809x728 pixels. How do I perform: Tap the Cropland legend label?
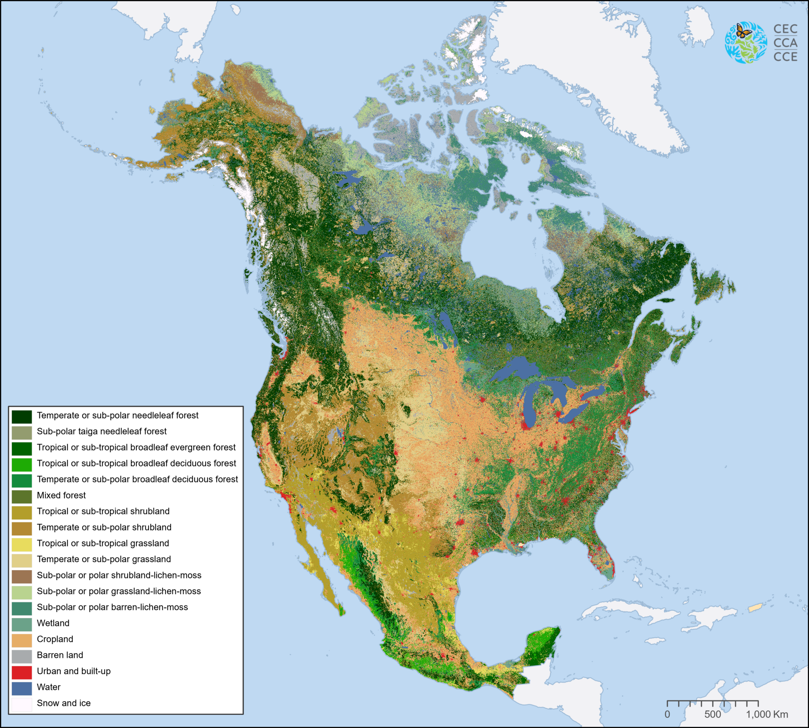tap(55, 639)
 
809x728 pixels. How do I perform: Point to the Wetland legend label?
tap(53, 623)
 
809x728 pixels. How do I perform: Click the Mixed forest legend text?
tap(61, 495)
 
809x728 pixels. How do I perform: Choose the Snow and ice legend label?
tap(64, 703)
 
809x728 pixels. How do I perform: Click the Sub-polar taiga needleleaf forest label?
tap(102, 432)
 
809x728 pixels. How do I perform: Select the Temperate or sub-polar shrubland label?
tap(104, 527)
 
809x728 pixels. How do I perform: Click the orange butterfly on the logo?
tap(743, 31)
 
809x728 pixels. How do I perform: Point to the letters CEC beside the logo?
tap(785, 29)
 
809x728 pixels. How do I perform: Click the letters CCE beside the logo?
tap(785, 57)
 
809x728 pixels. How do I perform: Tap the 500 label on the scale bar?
tap(712, 714)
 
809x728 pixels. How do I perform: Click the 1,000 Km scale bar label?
tap(767, 714)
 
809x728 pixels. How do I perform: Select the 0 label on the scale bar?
tap(667, 714)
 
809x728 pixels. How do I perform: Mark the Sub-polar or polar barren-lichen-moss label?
tap(112, 607)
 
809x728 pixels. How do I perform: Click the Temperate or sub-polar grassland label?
tap(104, 559)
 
